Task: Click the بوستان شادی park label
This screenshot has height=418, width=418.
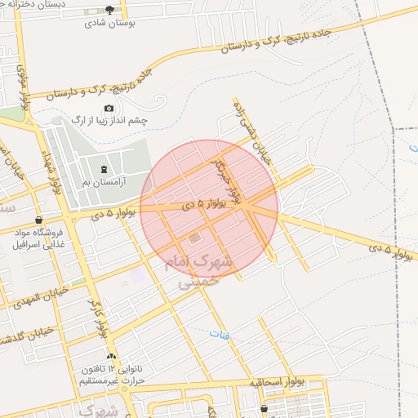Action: point(110,23)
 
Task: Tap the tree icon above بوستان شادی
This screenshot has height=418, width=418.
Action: point(110,10)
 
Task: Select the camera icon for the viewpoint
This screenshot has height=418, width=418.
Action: point(109,108)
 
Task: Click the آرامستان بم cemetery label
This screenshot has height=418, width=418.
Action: point(102,182)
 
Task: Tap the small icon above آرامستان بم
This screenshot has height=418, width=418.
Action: point(103,170)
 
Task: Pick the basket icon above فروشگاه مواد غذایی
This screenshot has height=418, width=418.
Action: point(38,220)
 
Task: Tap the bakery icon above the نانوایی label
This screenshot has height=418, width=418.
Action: point(112,357)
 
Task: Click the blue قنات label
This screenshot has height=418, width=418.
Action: point(220,334)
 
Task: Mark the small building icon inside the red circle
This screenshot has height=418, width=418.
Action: point(193,239)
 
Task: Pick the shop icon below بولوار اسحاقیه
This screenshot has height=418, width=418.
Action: point(265,408)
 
